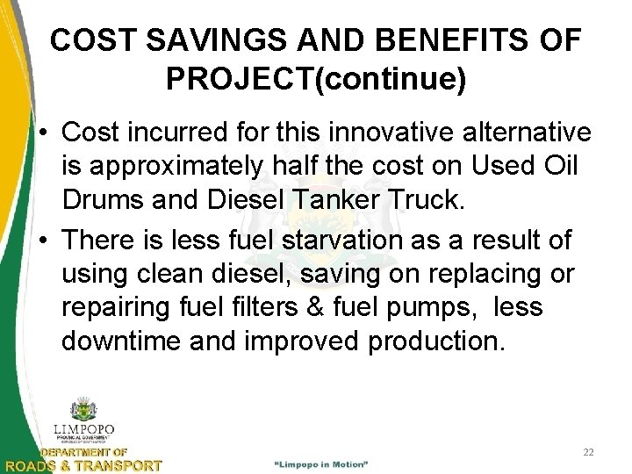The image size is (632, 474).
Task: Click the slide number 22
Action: click(x=589, y=452)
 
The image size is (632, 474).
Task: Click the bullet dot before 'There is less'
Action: click(x=43, y=241)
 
